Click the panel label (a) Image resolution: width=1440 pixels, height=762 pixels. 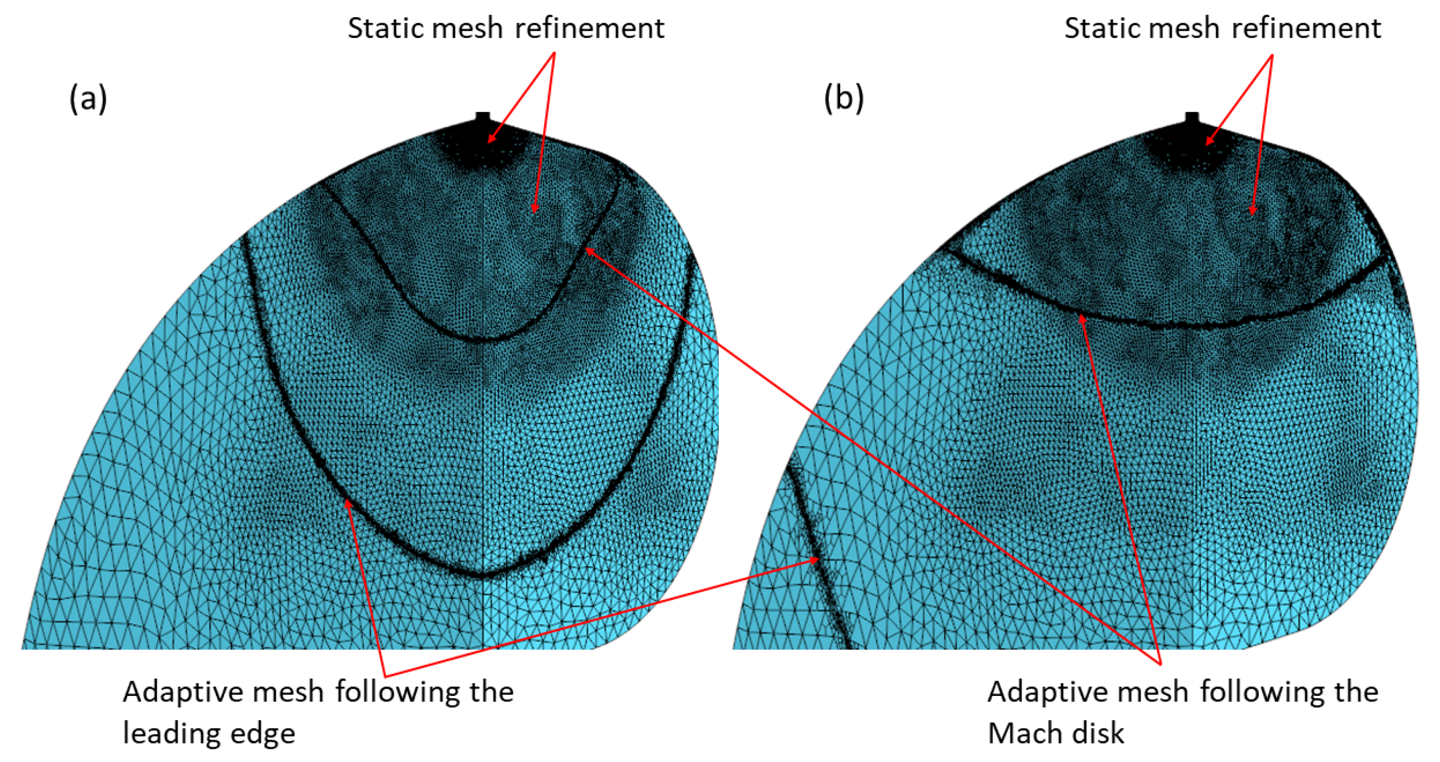click(88, 99)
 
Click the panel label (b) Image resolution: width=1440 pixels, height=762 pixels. click(843, 99)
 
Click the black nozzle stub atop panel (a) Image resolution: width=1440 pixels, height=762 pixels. click(482, 118)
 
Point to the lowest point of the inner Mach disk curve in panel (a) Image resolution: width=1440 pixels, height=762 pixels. click(482, 339)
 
